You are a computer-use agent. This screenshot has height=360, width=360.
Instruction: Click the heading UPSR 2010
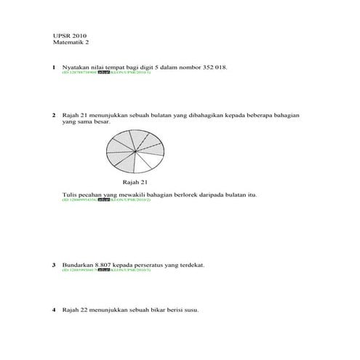click(70, 36)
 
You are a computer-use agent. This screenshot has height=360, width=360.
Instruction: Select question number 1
click(54, 67)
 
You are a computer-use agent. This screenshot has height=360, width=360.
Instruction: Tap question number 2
click(54, 115)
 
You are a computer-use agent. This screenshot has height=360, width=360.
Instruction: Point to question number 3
click(54, 265)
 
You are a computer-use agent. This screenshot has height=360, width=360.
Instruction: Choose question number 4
click(54, 310)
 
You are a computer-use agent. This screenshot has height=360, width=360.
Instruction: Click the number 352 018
click(212, 67)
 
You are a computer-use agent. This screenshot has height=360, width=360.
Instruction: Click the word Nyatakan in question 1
click(76, 67)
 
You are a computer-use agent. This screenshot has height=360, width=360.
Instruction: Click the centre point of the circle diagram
click(135, 151)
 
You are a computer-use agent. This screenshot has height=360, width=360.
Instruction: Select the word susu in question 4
click(191, 310)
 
